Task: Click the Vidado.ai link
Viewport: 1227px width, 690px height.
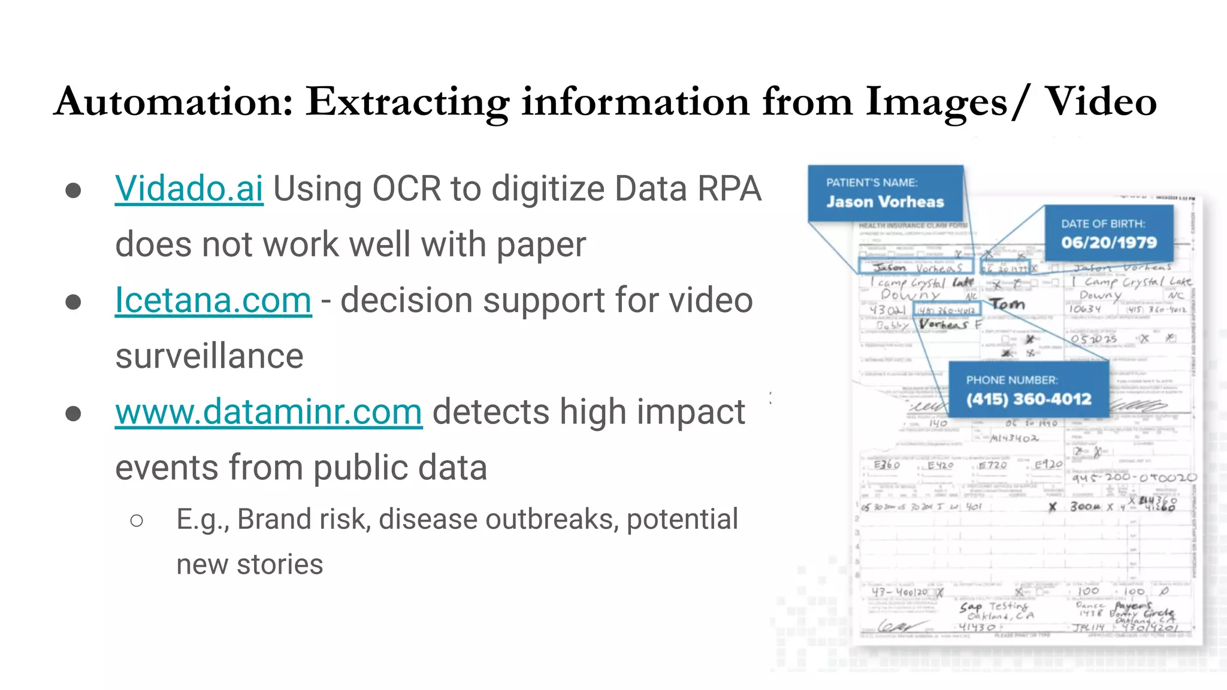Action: coord(189,189)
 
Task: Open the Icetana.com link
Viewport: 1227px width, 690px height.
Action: coord(213,300)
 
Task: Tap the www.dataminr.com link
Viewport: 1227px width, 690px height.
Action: coord(268,412)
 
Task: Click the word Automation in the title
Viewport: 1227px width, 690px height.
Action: coord(174,102)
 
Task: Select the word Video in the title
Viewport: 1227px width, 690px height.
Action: coord(1100,102)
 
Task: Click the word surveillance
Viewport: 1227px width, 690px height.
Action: coord(209,356)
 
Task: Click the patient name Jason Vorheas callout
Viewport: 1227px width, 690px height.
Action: coord(885,202)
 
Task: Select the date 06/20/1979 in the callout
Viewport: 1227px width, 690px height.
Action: coord(1108,243)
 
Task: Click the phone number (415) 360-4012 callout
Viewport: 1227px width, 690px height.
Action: coord(1028,399)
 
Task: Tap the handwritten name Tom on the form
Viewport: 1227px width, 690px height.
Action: coord(1007,304)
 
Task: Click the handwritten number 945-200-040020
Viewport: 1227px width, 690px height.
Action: coord(1134,477)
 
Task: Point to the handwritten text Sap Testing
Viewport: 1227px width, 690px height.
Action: coord(993,607)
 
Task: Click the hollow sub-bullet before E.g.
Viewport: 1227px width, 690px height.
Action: coord(137,520)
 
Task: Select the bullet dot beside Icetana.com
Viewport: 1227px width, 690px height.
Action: coord(73,301)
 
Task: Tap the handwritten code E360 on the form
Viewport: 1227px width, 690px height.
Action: coord(886,465)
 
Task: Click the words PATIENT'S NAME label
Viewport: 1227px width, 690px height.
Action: coord(871,183)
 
